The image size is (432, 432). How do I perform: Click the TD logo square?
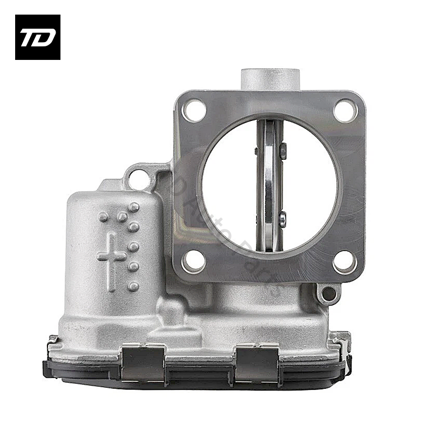coord(37,37)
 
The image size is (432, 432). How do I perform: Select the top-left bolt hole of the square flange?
coord(193,111)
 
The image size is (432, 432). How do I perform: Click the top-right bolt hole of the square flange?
coord(345,111)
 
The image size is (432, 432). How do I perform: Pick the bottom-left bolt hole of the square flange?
coord(193,262)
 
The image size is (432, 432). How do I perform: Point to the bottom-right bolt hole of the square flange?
coord(345,262)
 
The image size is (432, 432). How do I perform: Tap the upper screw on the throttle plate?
coord(283,148)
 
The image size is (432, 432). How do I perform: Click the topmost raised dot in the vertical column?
coord(134,207)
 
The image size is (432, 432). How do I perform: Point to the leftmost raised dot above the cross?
coord(103,217)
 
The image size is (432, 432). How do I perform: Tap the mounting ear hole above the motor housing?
coord(139,179)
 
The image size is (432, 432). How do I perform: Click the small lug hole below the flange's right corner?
coord(328,295)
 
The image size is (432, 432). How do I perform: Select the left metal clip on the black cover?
coord(143,361)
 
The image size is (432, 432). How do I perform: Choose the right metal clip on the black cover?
coord(256,361)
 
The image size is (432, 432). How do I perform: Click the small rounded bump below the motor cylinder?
coord(172,312)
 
